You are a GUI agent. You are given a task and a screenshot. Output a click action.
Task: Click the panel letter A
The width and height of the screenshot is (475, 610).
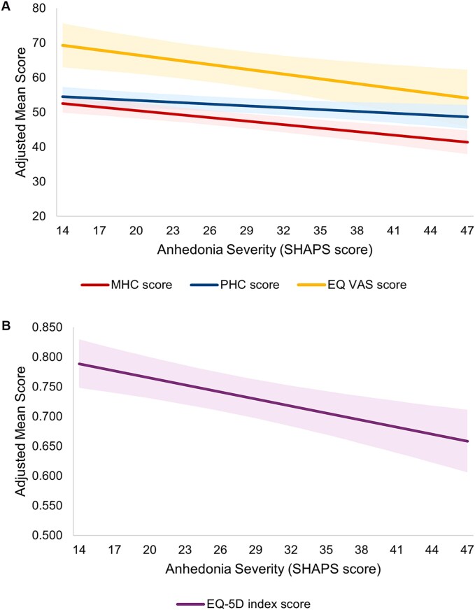[x=6, y=6]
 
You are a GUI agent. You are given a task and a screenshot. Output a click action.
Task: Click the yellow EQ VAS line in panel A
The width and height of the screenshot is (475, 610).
[x=261, y=71]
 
